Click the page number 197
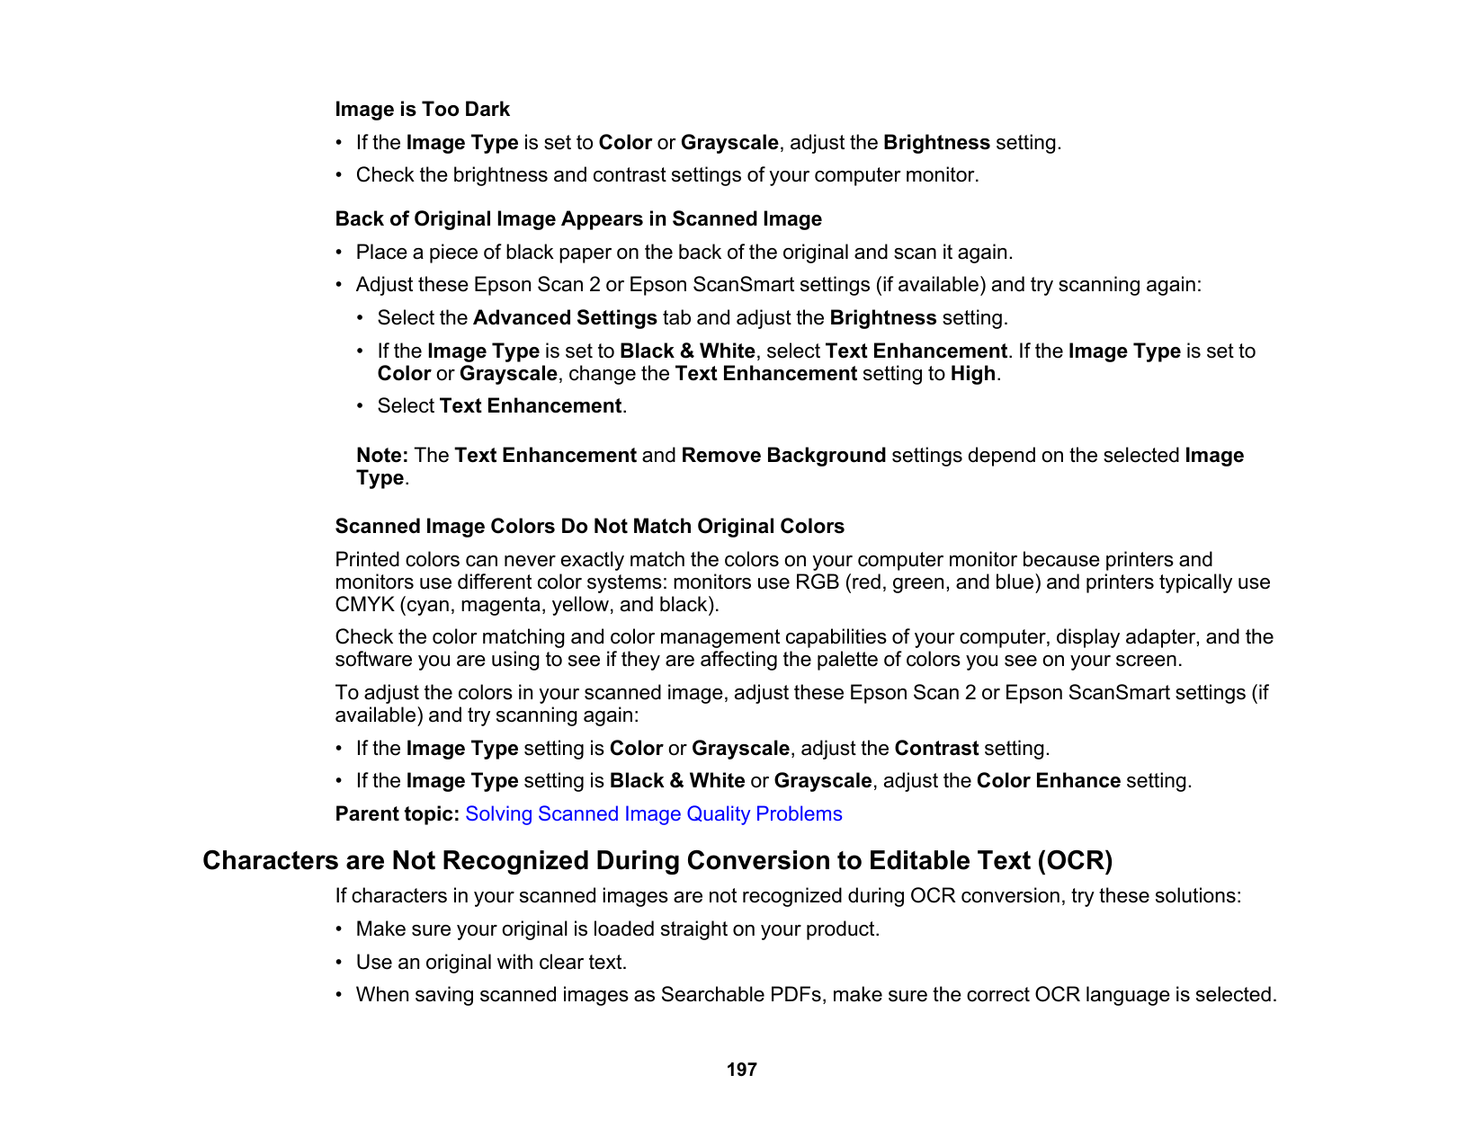741,1070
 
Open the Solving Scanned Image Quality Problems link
653,814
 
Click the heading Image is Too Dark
422,110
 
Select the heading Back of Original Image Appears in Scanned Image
578,219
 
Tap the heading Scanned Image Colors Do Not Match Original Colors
589,527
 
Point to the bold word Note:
382,456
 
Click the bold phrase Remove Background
783,456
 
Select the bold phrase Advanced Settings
565,318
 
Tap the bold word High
972,374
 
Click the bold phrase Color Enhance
1048,781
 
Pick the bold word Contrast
936,749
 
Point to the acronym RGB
817,582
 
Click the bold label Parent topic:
398,814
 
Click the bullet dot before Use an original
339,963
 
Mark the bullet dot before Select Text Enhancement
361,406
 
